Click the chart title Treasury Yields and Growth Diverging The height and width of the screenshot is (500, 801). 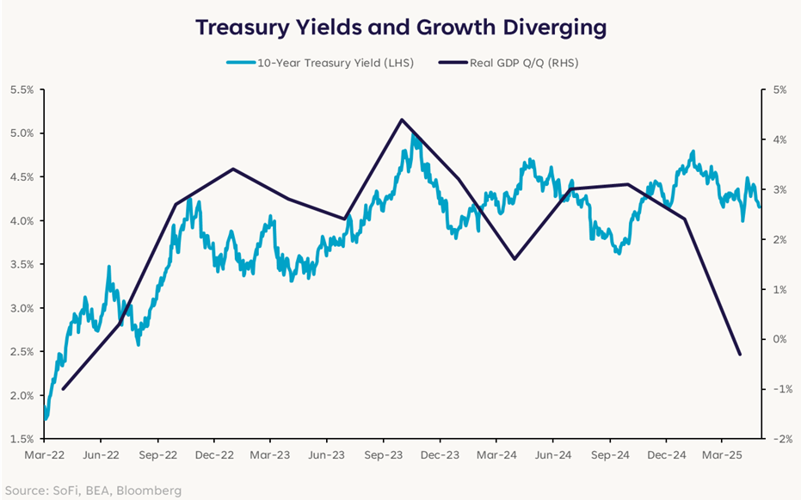click(400, 27)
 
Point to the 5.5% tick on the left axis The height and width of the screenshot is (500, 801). click(21, 90)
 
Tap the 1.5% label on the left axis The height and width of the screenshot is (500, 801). click(21, 439)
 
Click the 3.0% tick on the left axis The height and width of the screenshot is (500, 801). click(21, 308)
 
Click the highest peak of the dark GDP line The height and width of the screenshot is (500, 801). click(401, 120)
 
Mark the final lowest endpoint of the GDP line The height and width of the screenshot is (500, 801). click(740, 355)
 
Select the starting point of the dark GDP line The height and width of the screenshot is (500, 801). click(63, 389)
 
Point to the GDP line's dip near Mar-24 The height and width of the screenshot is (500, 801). click(514, 259)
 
